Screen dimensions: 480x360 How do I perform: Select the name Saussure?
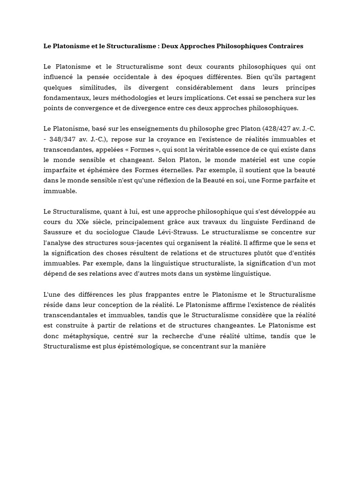58,232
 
